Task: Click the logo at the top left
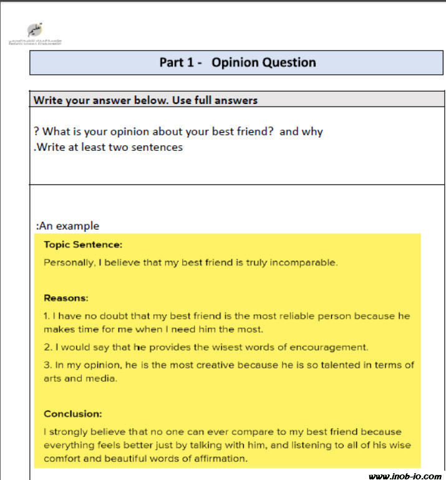click(35, 32)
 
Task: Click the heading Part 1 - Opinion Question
click(237, 62)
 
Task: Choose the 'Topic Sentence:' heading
click(83, 245)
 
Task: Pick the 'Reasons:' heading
click(66, 298)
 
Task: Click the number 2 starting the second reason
click(47, 347)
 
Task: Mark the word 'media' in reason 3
click(103, 378)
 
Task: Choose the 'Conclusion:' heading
click(73, 413)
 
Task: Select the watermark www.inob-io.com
click(404, 476)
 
